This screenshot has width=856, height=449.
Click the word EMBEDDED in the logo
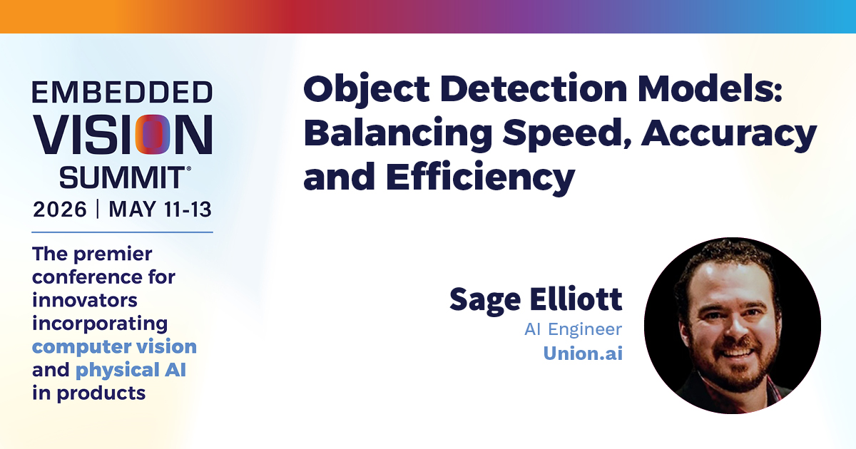click(x=122, y=92)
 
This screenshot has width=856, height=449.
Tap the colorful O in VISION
click(x=153, y=135)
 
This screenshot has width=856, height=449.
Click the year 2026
click(x=60, y=210)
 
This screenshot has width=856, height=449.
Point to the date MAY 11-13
click(x=160, y=210)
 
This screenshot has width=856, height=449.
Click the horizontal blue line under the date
click(x=122, y=232)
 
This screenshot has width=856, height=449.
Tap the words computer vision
click(x=114, y=346)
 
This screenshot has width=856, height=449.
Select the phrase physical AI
click(x=131, y=370)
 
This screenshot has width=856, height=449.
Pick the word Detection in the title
click(x=534, y=88)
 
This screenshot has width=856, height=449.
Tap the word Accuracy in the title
click(x=729, y=135)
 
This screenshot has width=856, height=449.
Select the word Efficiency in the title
click(x=481, y=178)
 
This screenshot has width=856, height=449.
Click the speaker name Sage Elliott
click(x=536, y=300)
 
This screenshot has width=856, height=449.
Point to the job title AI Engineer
click(x=574, y=329)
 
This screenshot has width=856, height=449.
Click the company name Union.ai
click(x=583, y=353)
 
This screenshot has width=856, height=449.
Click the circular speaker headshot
click(x=732, y=325)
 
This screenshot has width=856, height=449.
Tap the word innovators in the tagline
click(x=84, y=300)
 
